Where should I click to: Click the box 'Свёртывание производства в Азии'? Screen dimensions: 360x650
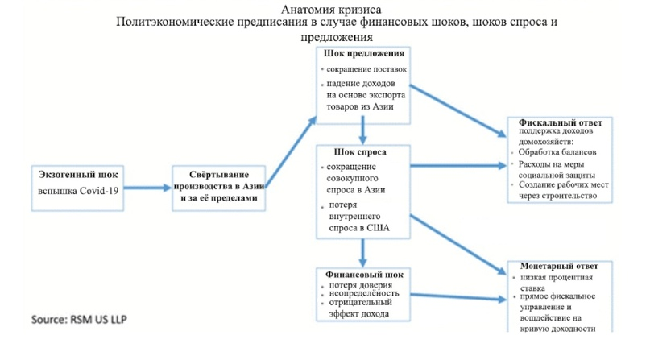[x=219, y=187]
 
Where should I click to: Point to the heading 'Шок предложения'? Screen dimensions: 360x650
[x=364, y=53]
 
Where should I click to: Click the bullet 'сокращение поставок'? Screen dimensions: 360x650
[x=366, y=69]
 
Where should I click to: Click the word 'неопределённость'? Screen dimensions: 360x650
[x=363, y=294]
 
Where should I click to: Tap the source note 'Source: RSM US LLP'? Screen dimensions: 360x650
[x=78, y=319]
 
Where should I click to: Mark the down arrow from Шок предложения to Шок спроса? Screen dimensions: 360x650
[x=364, y=129]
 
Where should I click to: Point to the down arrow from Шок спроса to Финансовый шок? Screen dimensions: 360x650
[x=364, y=253]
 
